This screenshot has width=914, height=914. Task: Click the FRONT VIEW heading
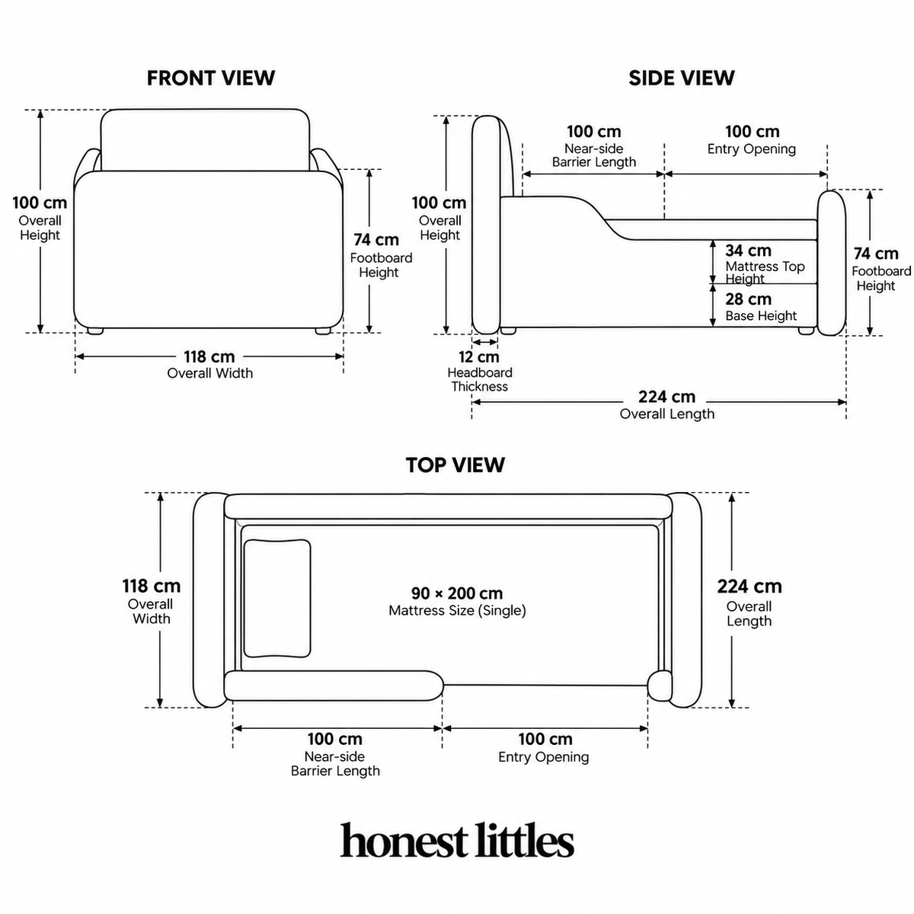[x=210, y=78]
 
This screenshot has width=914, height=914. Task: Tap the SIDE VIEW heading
[x=682, y=78]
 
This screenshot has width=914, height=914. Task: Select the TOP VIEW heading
[x=455, y=465]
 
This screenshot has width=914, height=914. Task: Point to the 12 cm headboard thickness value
[x=478, y=356]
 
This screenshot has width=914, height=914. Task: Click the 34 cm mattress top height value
[x=748, y=251]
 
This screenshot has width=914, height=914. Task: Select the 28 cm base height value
[x=748, y=299]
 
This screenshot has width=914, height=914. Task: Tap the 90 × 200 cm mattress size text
[x=457, y=593]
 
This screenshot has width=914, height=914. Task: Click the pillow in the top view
[x=277, y=598]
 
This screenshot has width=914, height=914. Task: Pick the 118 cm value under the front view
[x=209, y=356]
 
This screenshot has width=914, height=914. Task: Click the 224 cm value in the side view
[x=666, y=397]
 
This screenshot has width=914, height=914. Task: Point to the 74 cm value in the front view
[x=376, y=240]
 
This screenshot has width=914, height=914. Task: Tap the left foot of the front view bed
[x=95, y=331]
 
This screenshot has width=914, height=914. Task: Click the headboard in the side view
[x=486, y=225]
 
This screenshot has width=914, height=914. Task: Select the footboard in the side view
[x=832, y=263]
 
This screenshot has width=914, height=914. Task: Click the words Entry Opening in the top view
[x=544, y=757]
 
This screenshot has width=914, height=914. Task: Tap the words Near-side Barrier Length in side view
[x=594, y=155]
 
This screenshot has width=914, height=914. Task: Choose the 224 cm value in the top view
[x=749, y=586]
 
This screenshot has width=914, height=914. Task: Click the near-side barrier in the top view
[x=334, y=685]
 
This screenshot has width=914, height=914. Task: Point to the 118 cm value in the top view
[x=152, y=586]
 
